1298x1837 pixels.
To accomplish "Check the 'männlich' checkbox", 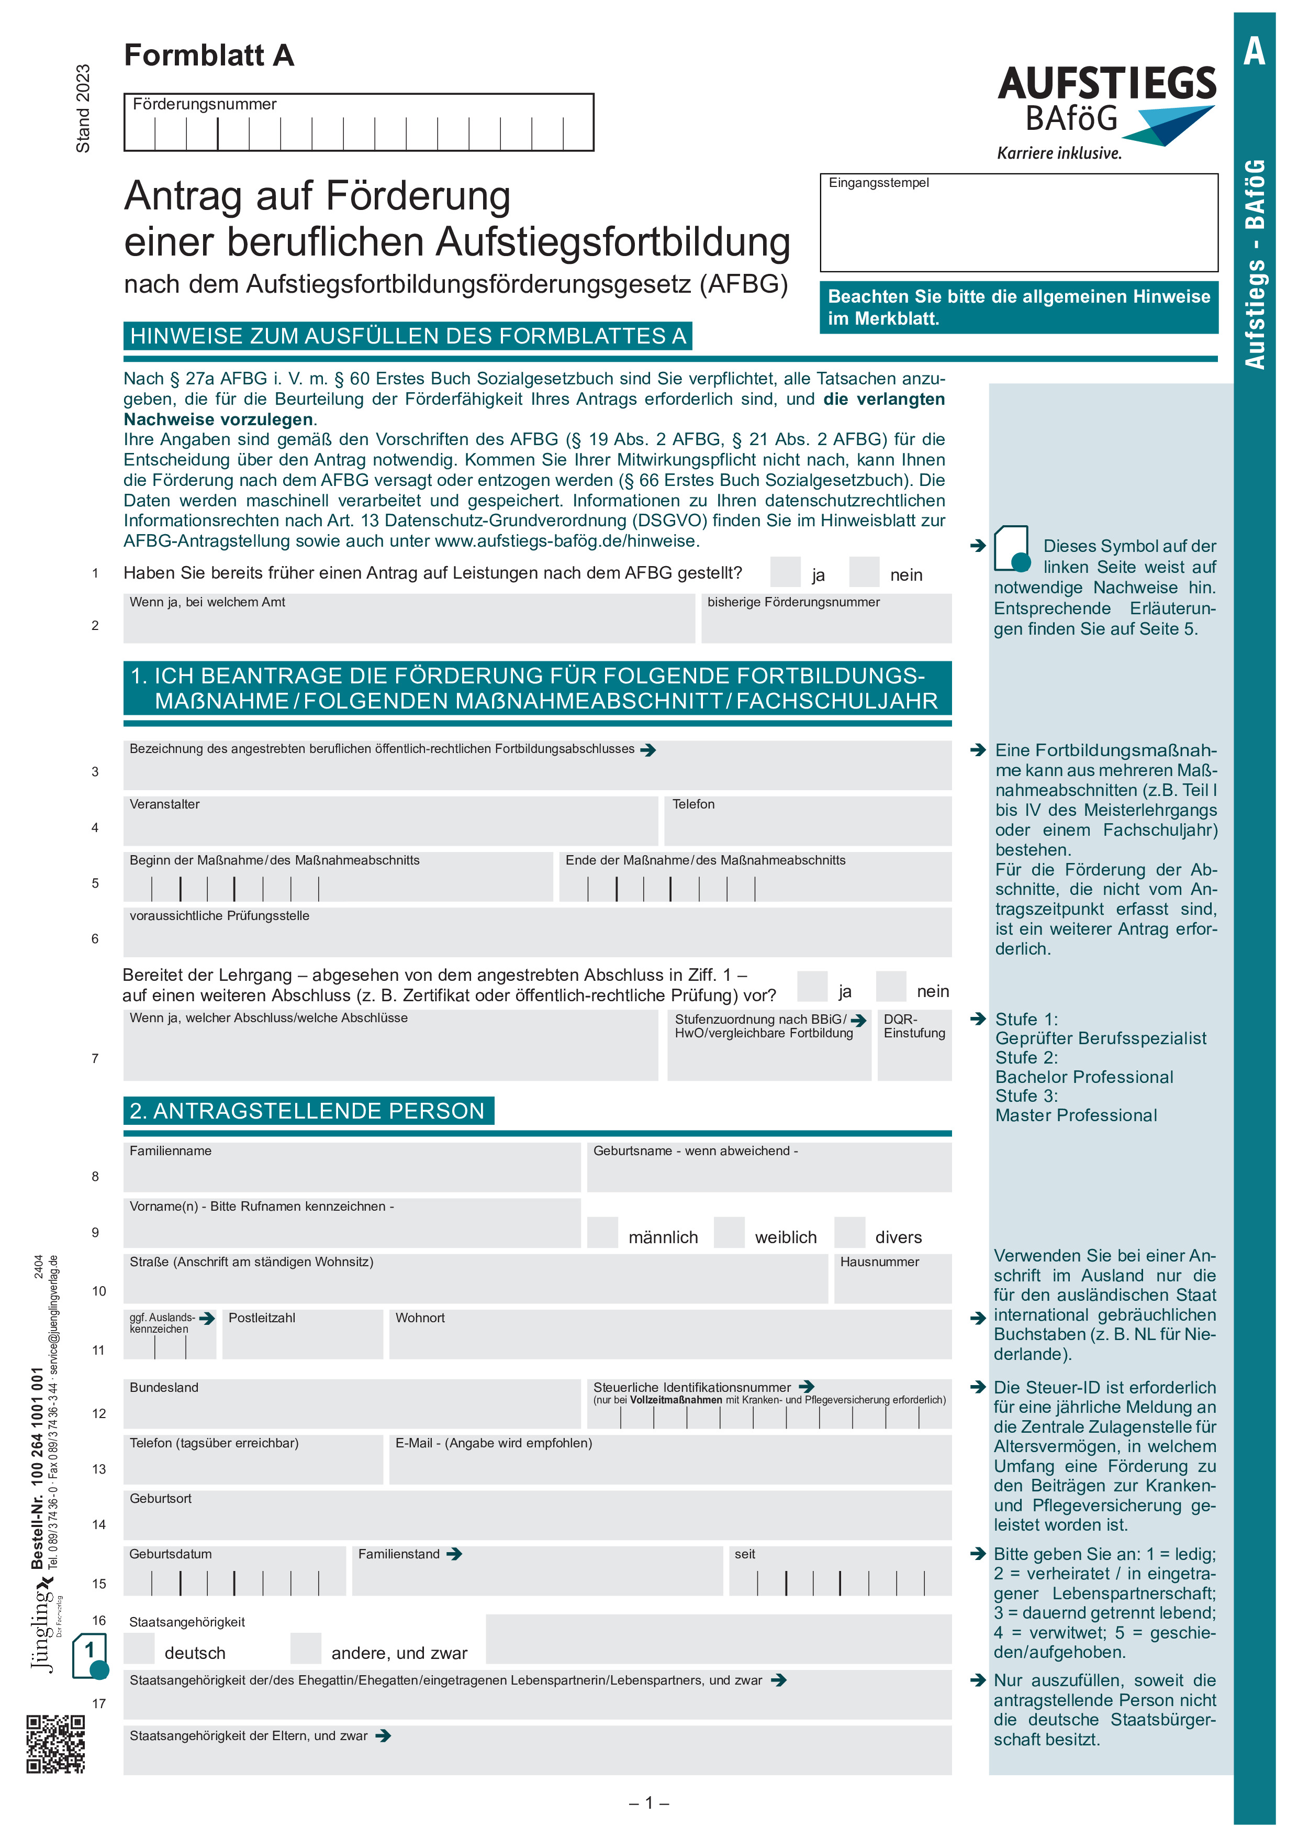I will pyautogui.click(x=602, y=1232).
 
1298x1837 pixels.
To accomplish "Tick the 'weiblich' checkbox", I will pyautogui.click(x=728, y=1232).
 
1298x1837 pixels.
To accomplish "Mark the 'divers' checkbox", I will pyautogui.click(x=849, y=1232).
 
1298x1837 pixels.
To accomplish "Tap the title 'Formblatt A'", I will pyautogui.click(x=209, y=55).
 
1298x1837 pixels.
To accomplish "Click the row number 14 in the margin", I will pyautogui.click(x=98, y=1524).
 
